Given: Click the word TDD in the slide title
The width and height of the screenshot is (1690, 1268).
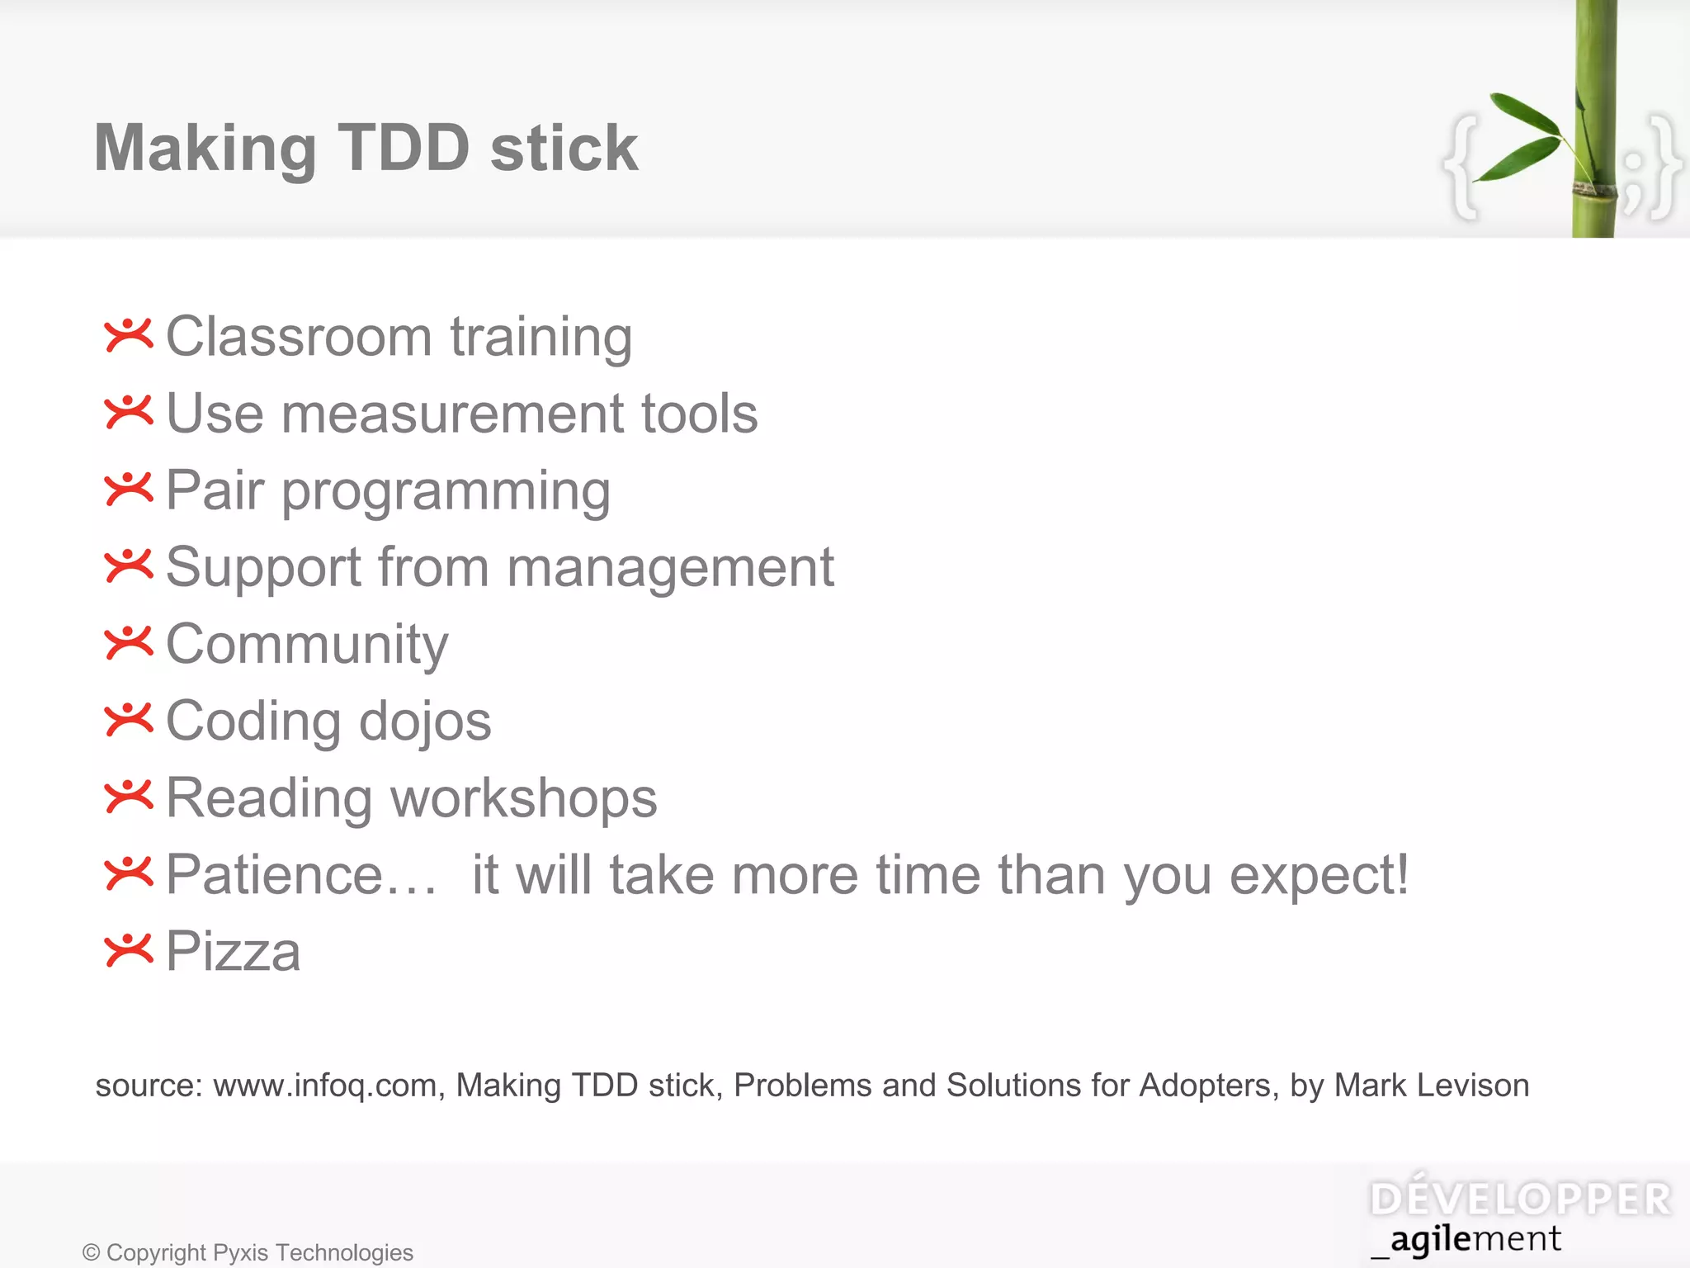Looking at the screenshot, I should point(404,149).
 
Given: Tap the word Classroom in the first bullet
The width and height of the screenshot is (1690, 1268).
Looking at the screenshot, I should point(299,337).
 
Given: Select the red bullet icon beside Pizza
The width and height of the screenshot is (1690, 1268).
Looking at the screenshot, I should point(129,950).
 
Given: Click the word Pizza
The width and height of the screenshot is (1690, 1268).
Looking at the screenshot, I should point(234,952).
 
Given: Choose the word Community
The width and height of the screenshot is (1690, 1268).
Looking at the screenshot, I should point(307,645).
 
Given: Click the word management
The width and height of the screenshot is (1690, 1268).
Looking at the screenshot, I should point(670,568).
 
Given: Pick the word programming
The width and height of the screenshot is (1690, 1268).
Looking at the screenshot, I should point(446,492).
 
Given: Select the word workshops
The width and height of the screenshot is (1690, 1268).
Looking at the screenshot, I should point(523,799).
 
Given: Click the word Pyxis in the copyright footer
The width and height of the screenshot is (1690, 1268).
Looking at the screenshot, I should point(240,1253).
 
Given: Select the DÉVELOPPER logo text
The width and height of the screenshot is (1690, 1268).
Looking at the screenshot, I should point(1520,1199).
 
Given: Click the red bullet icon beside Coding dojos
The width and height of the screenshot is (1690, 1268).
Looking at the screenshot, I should point(129,720).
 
